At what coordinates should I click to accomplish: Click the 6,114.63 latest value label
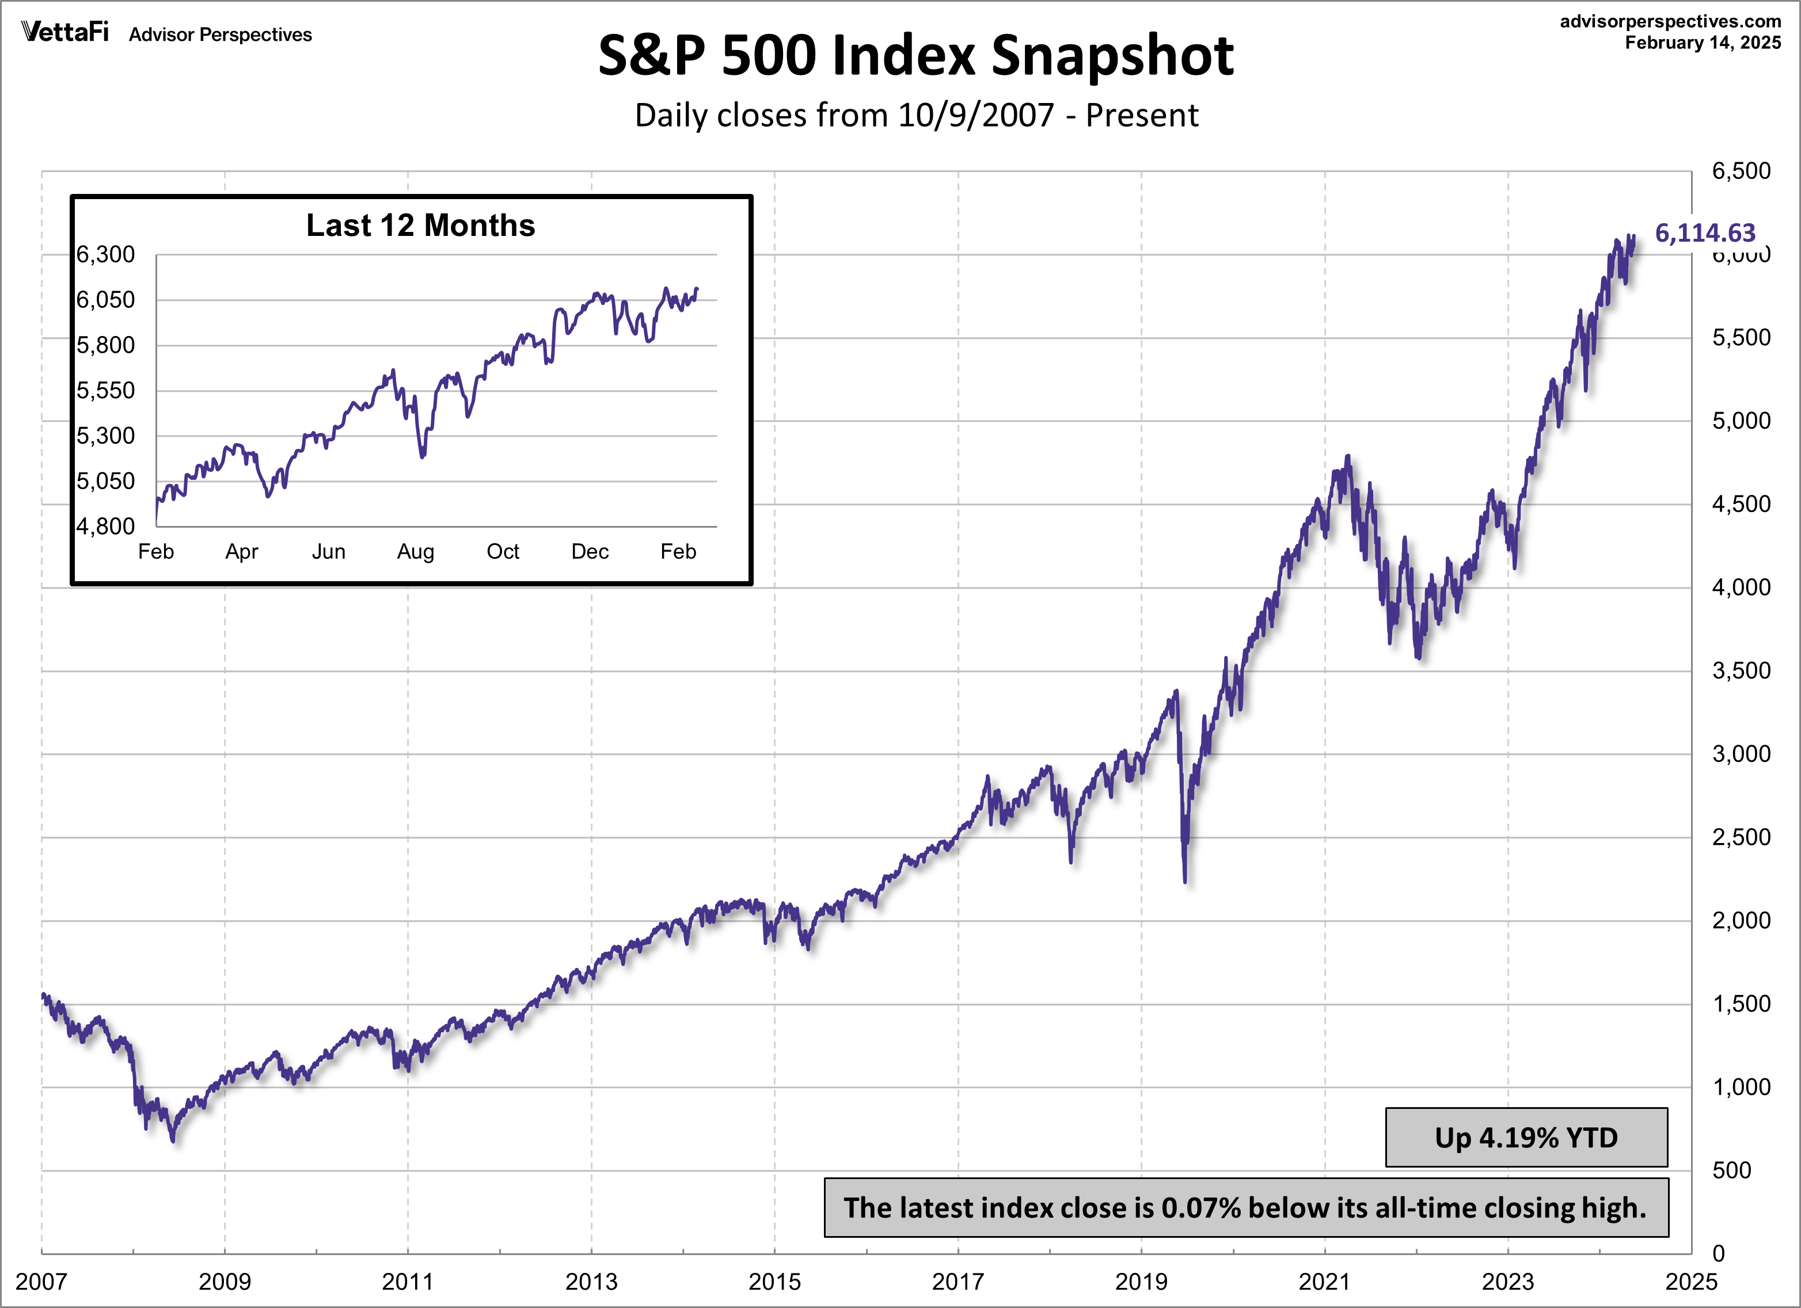(x=1704, y=232)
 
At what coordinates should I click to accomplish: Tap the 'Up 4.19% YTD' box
(x=1525, y=1137)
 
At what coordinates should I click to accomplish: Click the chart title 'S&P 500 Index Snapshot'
(x=915, y=56)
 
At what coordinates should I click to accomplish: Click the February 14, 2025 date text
(x=1703, y=43)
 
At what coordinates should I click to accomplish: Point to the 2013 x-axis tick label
(x=590, y=1281)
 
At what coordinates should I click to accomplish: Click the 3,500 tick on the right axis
(x=1741, y=670)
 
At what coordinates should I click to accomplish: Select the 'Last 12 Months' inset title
(x=420, y=226)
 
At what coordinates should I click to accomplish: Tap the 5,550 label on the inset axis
(x=105, y=391)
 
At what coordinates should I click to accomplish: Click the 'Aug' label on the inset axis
(x=415, y=552)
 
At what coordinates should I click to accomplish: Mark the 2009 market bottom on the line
(x=173, y=1140)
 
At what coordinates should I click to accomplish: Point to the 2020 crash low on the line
(x=1185, y=879)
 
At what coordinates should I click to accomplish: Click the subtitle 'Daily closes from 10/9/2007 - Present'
(x=915, y=116)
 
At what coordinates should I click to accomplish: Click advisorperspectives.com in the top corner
(x=1670, y=21)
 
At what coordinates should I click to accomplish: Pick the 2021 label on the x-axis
(x=1324, y=1281)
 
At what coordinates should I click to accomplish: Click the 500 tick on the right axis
(x=1731, y=1170)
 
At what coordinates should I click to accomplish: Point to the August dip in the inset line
(x=421, y=456)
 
